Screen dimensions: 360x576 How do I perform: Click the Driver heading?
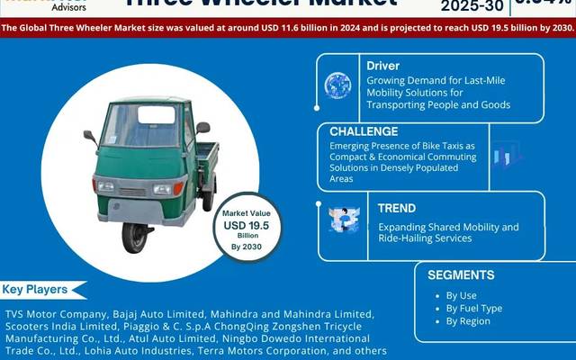(x=383, y=66)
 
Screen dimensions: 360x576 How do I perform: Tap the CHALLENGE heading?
(x=364, y=131)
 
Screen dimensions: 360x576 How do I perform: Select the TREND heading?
(x=397, y=208)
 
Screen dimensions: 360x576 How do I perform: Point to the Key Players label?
(x=36, y=290)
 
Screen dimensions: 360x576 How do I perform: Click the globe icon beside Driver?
(x=337, y=85)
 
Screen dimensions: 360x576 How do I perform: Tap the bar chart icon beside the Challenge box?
(x=507, y=157)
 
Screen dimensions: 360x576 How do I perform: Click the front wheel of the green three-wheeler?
(x=136, y=237)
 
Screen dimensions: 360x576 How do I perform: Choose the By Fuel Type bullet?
(x=473, y=308)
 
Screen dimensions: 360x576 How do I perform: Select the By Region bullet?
(x=467, y=321)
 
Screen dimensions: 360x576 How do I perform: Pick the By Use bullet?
(x=462, y=294)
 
